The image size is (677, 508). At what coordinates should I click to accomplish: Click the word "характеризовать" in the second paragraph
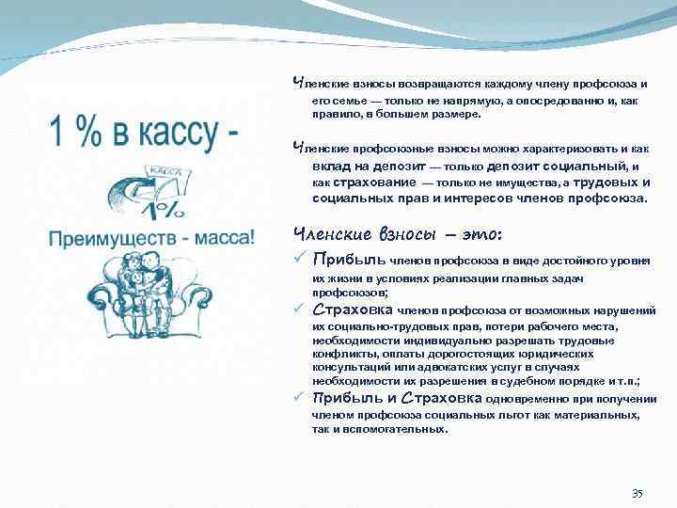coord(562,150)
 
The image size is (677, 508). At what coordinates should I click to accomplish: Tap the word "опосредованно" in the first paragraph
coord(544,100)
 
